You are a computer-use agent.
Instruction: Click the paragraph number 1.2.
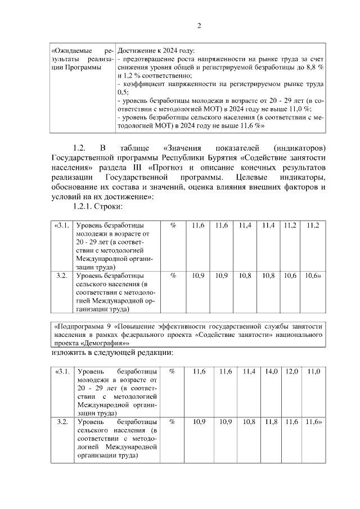click(78, 148)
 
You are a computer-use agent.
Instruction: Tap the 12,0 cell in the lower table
click(291, 372)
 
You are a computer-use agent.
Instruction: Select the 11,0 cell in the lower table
click(313, 372)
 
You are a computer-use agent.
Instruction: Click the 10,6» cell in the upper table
click(313, 276)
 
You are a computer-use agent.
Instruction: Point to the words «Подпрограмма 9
click(82, 326)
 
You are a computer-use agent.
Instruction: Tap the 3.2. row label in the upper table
click(62, 276)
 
